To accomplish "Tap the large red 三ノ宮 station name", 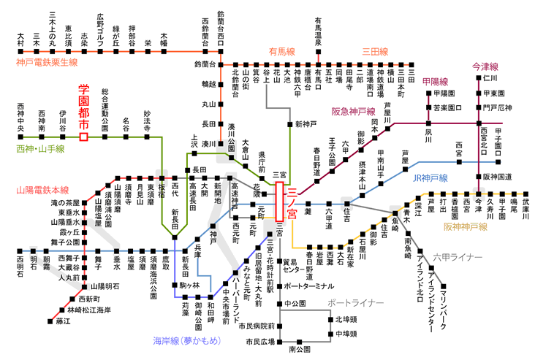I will (290, 202).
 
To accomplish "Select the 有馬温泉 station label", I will (319, 32).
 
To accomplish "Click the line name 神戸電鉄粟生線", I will (47, 63).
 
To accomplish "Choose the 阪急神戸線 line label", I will (353, 111).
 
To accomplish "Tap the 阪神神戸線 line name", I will (466, 227).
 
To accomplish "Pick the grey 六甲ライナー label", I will (458, 258).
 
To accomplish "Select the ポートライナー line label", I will (355, 302).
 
